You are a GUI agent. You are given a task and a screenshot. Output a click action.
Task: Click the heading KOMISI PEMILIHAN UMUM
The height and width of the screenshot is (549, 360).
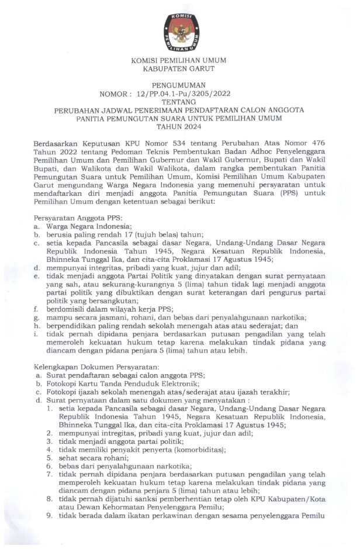click(x=179, y=60)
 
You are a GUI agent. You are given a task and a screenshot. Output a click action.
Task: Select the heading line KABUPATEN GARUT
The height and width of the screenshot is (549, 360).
click(x=179, y=68)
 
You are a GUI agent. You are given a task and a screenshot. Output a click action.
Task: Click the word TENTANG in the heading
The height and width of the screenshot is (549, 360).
click(x=179, y=101)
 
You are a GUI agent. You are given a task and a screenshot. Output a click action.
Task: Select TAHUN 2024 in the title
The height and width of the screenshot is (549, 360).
click(x=179, y=126)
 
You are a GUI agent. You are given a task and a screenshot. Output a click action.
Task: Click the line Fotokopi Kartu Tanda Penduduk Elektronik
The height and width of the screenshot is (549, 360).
click(x=121, y=383)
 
